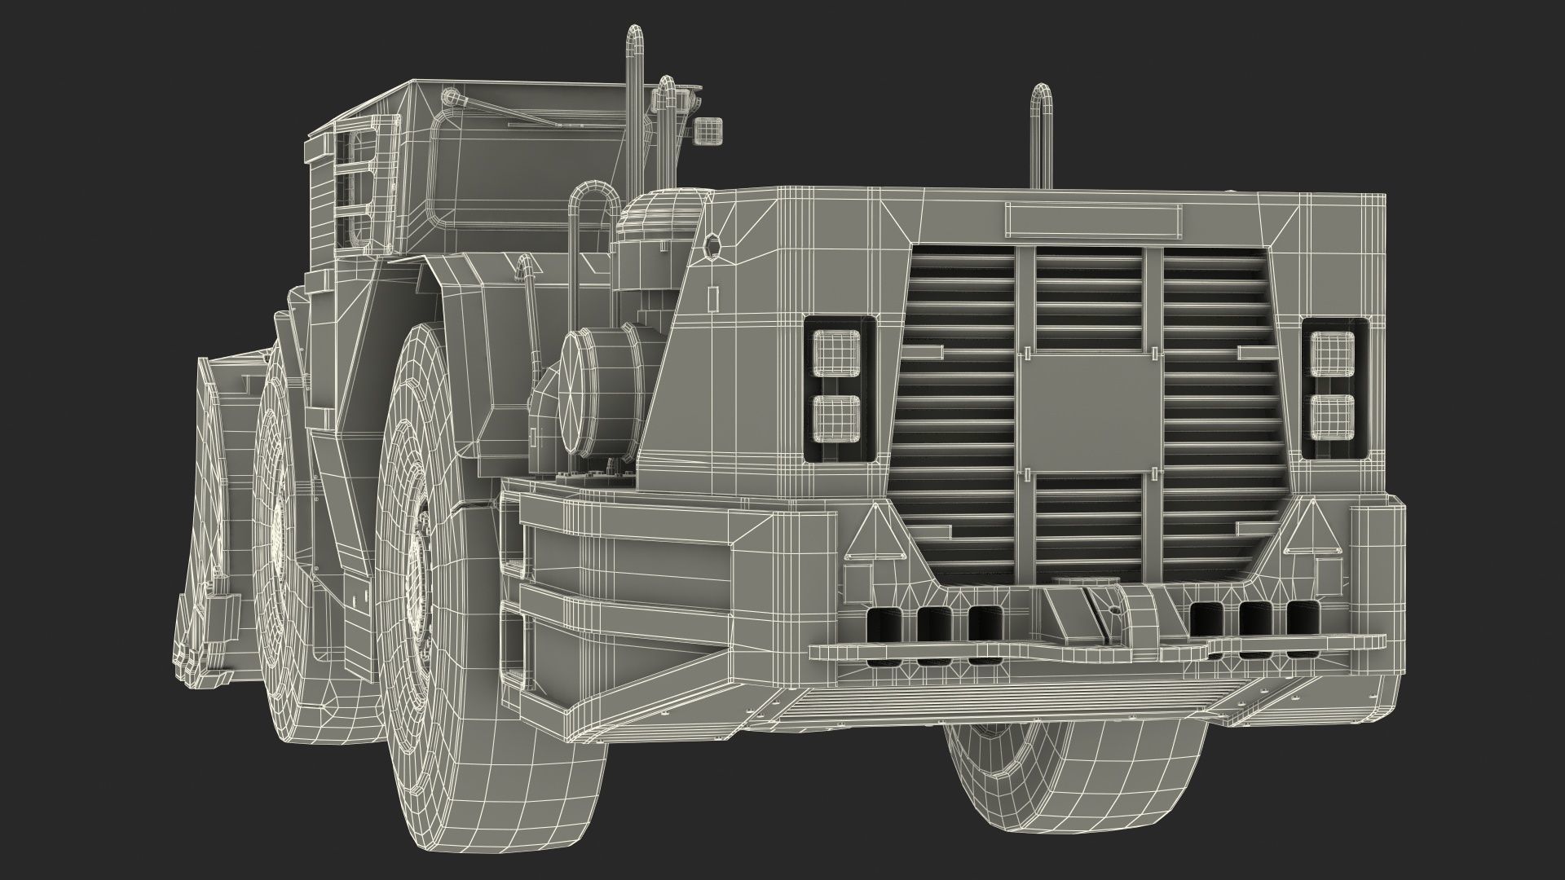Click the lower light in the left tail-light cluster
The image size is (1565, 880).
(840, 417)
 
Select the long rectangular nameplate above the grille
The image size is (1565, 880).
(1094, 219)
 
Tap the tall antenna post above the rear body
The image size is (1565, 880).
(1041, 134)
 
